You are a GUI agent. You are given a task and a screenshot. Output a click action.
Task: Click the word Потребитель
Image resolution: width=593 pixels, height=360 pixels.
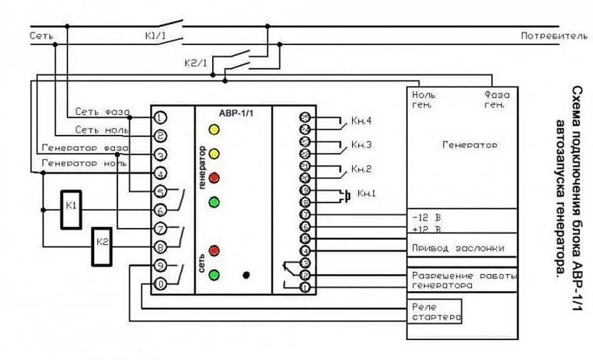point(554,34)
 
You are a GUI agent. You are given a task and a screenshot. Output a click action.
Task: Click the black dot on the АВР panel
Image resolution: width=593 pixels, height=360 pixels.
point(246,274)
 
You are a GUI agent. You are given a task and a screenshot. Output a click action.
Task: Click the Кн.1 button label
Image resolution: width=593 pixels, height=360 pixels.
point(367,193)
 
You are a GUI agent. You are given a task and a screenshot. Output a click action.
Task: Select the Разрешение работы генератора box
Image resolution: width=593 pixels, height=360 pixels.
point(462,279)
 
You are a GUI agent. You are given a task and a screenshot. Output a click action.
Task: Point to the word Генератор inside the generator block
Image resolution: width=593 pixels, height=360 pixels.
point(469,144)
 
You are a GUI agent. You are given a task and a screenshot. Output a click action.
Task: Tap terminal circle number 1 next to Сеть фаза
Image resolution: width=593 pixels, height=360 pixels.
point(161,116)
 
